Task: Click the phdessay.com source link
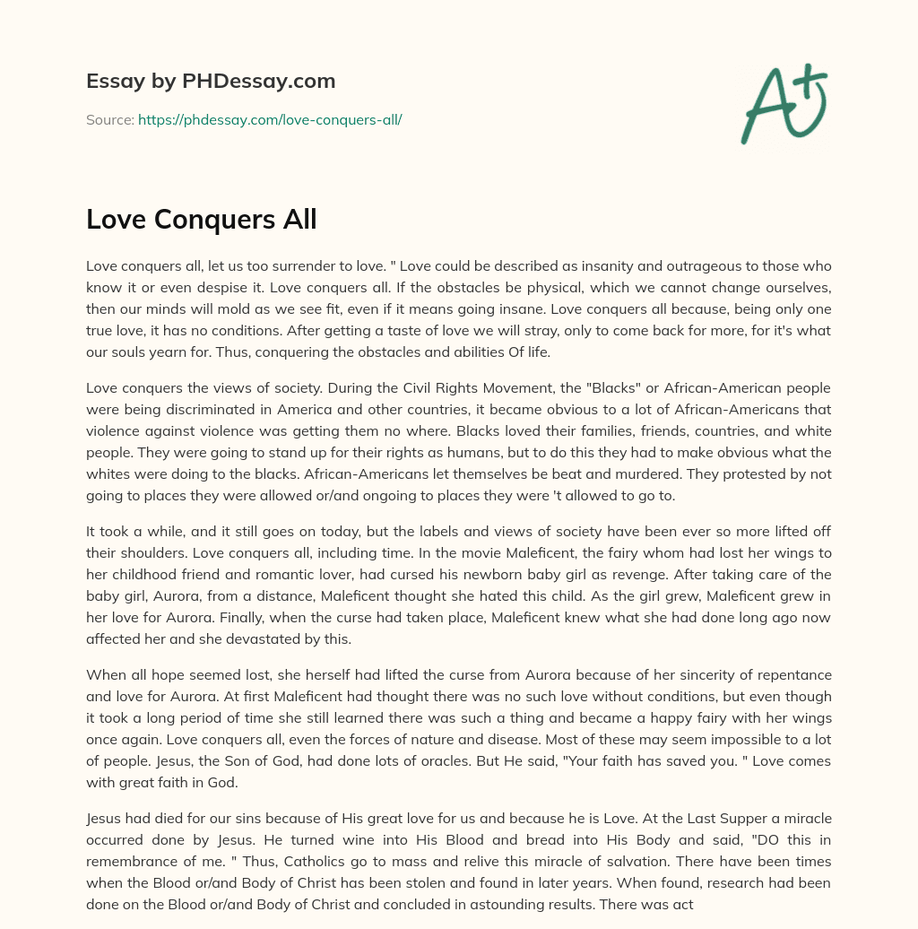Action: point(270,119)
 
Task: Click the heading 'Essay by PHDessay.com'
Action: point(211,81)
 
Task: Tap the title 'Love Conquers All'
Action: point(202,219)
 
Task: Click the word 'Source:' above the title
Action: point(109,119)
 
